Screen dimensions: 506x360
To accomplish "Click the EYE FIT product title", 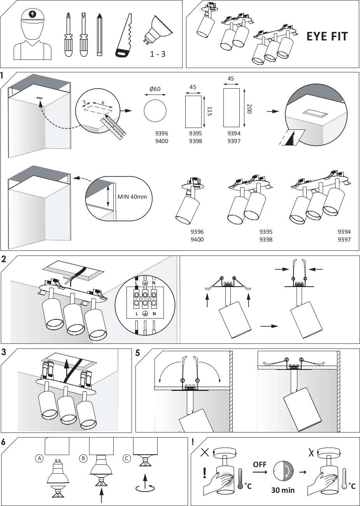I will coord(327,37).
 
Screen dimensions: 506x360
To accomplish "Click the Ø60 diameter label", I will coord(155,89).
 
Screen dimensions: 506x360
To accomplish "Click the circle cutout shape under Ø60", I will coord(155,112).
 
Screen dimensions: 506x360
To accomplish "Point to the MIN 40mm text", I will coord(132,197).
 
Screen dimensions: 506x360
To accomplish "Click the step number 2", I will coord(4,260).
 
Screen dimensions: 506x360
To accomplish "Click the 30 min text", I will coord(283,490).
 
